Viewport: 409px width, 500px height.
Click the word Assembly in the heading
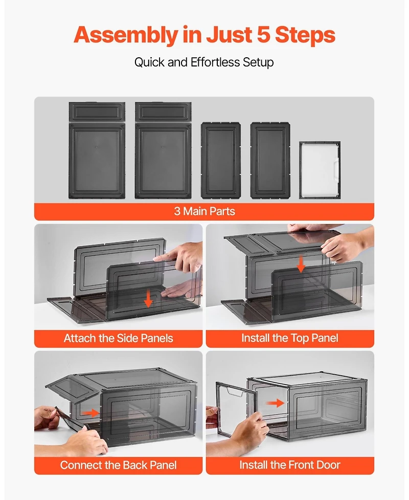(x=126, y=35)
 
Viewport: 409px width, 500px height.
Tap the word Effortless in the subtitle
(x=215, y=62)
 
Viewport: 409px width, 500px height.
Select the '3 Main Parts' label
(x=204, y=211)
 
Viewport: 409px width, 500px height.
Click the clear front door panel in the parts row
(x=320, y=170)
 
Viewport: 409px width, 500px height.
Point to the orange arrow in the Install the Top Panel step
(x=301, y=265)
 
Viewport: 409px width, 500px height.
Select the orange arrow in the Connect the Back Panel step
(x=90, y=413)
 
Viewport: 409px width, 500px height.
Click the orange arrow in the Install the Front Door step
(x=275, y=403)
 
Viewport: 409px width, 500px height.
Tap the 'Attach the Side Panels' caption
(x=118, y=338)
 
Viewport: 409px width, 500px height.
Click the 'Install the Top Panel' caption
(x=290, y=338)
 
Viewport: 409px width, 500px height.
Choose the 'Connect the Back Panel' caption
(x=118, y=465)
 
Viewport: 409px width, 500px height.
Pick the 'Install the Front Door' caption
(x=290, y=465)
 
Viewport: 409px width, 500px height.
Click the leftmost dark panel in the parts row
(x=97, y=150)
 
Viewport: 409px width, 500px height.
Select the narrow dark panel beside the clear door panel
(x=270, y=161)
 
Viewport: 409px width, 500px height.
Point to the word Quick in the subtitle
(x=149, y=62)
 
